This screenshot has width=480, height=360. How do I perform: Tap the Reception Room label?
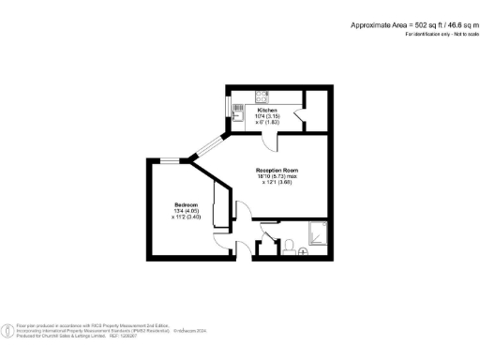pyautogui.click(x=277, y=170)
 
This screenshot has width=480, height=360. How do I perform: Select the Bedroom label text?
pyautogui.click(x=185, y=203)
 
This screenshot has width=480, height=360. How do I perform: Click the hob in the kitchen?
pyautogui.click(x=262, y=94)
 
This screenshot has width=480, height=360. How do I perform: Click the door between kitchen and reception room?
pyautogui.click(x=269, y=141)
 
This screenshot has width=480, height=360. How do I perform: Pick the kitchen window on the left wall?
pyautogui.click(x=228, y=109)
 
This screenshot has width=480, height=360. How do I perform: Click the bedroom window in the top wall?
pyautogui.click(x=170, y=158)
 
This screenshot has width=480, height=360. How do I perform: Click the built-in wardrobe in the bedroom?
pyautogui.click(x=222, y=206)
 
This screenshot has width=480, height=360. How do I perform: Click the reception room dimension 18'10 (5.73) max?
pyautogui.click(x=278, y=176)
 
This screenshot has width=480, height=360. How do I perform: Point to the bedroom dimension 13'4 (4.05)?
pyautogui.click(x=185, y=210)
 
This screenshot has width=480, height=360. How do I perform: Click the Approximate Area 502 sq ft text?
pyautogui.click(x=412, y=24)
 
